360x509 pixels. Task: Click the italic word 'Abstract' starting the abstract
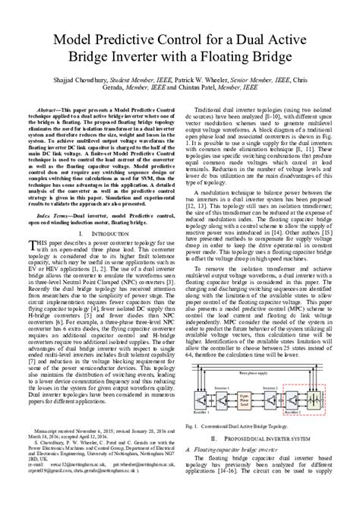tap(61, 110)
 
